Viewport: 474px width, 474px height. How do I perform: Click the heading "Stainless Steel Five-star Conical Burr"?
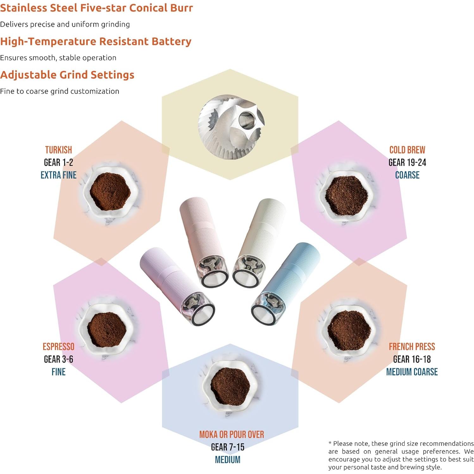96,8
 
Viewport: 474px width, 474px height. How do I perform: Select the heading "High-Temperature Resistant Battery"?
96,41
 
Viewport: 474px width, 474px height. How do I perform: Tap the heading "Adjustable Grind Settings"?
67,75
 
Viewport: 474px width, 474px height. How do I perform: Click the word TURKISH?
59,150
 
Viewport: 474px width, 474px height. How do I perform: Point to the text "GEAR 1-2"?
59,163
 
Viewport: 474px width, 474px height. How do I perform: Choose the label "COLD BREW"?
407,150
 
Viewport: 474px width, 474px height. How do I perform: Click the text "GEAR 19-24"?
407,163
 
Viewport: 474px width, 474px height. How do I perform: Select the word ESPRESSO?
59,347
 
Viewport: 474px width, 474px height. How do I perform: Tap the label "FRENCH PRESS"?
412,347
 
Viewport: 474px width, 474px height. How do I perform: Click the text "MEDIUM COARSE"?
412,372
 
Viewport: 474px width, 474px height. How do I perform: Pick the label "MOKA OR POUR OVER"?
231,435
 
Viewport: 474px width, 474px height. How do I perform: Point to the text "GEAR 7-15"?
228,447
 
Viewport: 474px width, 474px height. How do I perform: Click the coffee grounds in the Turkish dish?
110,191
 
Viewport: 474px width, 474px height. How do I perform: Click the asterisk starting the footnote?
330,443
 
